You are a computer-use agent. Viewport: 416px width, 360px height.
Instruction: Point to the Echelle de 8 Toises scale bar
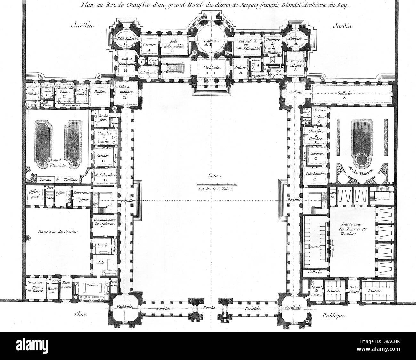coord(217,184)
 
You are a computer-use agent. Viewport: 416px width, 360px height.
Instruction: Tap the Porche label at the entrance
coord(210,307)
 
